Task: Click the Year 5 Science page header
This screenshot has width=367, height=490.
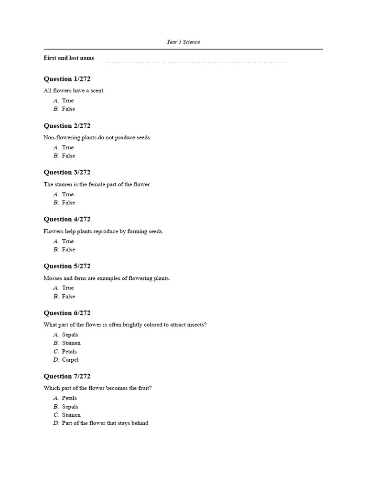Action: (x=183, y=42)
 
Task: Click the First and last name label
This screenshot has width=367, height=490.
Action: (x=69, y=58)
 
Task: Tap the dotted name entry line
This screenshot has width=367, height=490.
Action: (x=195, y=62)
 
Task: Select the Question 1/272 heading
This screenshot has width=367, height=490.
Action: (x=67, y=79)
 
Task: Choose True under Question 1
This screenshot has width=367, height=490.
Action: (x=68, y=101)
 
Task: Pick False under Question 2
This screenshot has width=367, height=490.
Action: (x=68, y=156)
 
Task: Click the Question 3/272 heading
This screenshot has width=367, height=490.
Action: (x=67, y=172)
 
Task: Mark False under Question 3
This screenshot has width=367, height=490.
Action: (x=68, y=203)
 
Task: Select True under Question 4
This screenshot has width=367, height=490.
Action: (x=68, y=242)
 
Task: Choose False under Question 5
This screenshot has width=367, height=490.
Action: (x=68, y=297)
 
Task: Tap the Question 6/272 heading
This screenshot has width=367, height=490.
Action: (x=67, y=313)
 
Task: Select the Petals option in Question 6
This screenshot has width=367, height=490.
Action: (x=69, y=352)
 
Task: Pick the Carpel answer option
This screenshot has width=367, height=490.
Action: (x=70, y=360)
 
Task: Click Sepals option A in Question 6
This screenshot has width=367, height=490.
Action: (x=70, y=335)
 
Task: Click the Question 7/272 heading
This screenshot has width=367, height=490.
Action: (x=67, y=376)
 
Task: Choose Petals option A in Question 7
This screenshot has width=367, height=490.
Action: (x=69, y=398)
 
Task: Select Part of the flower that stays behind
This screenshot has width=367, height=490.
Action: (x=105, y=423)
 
